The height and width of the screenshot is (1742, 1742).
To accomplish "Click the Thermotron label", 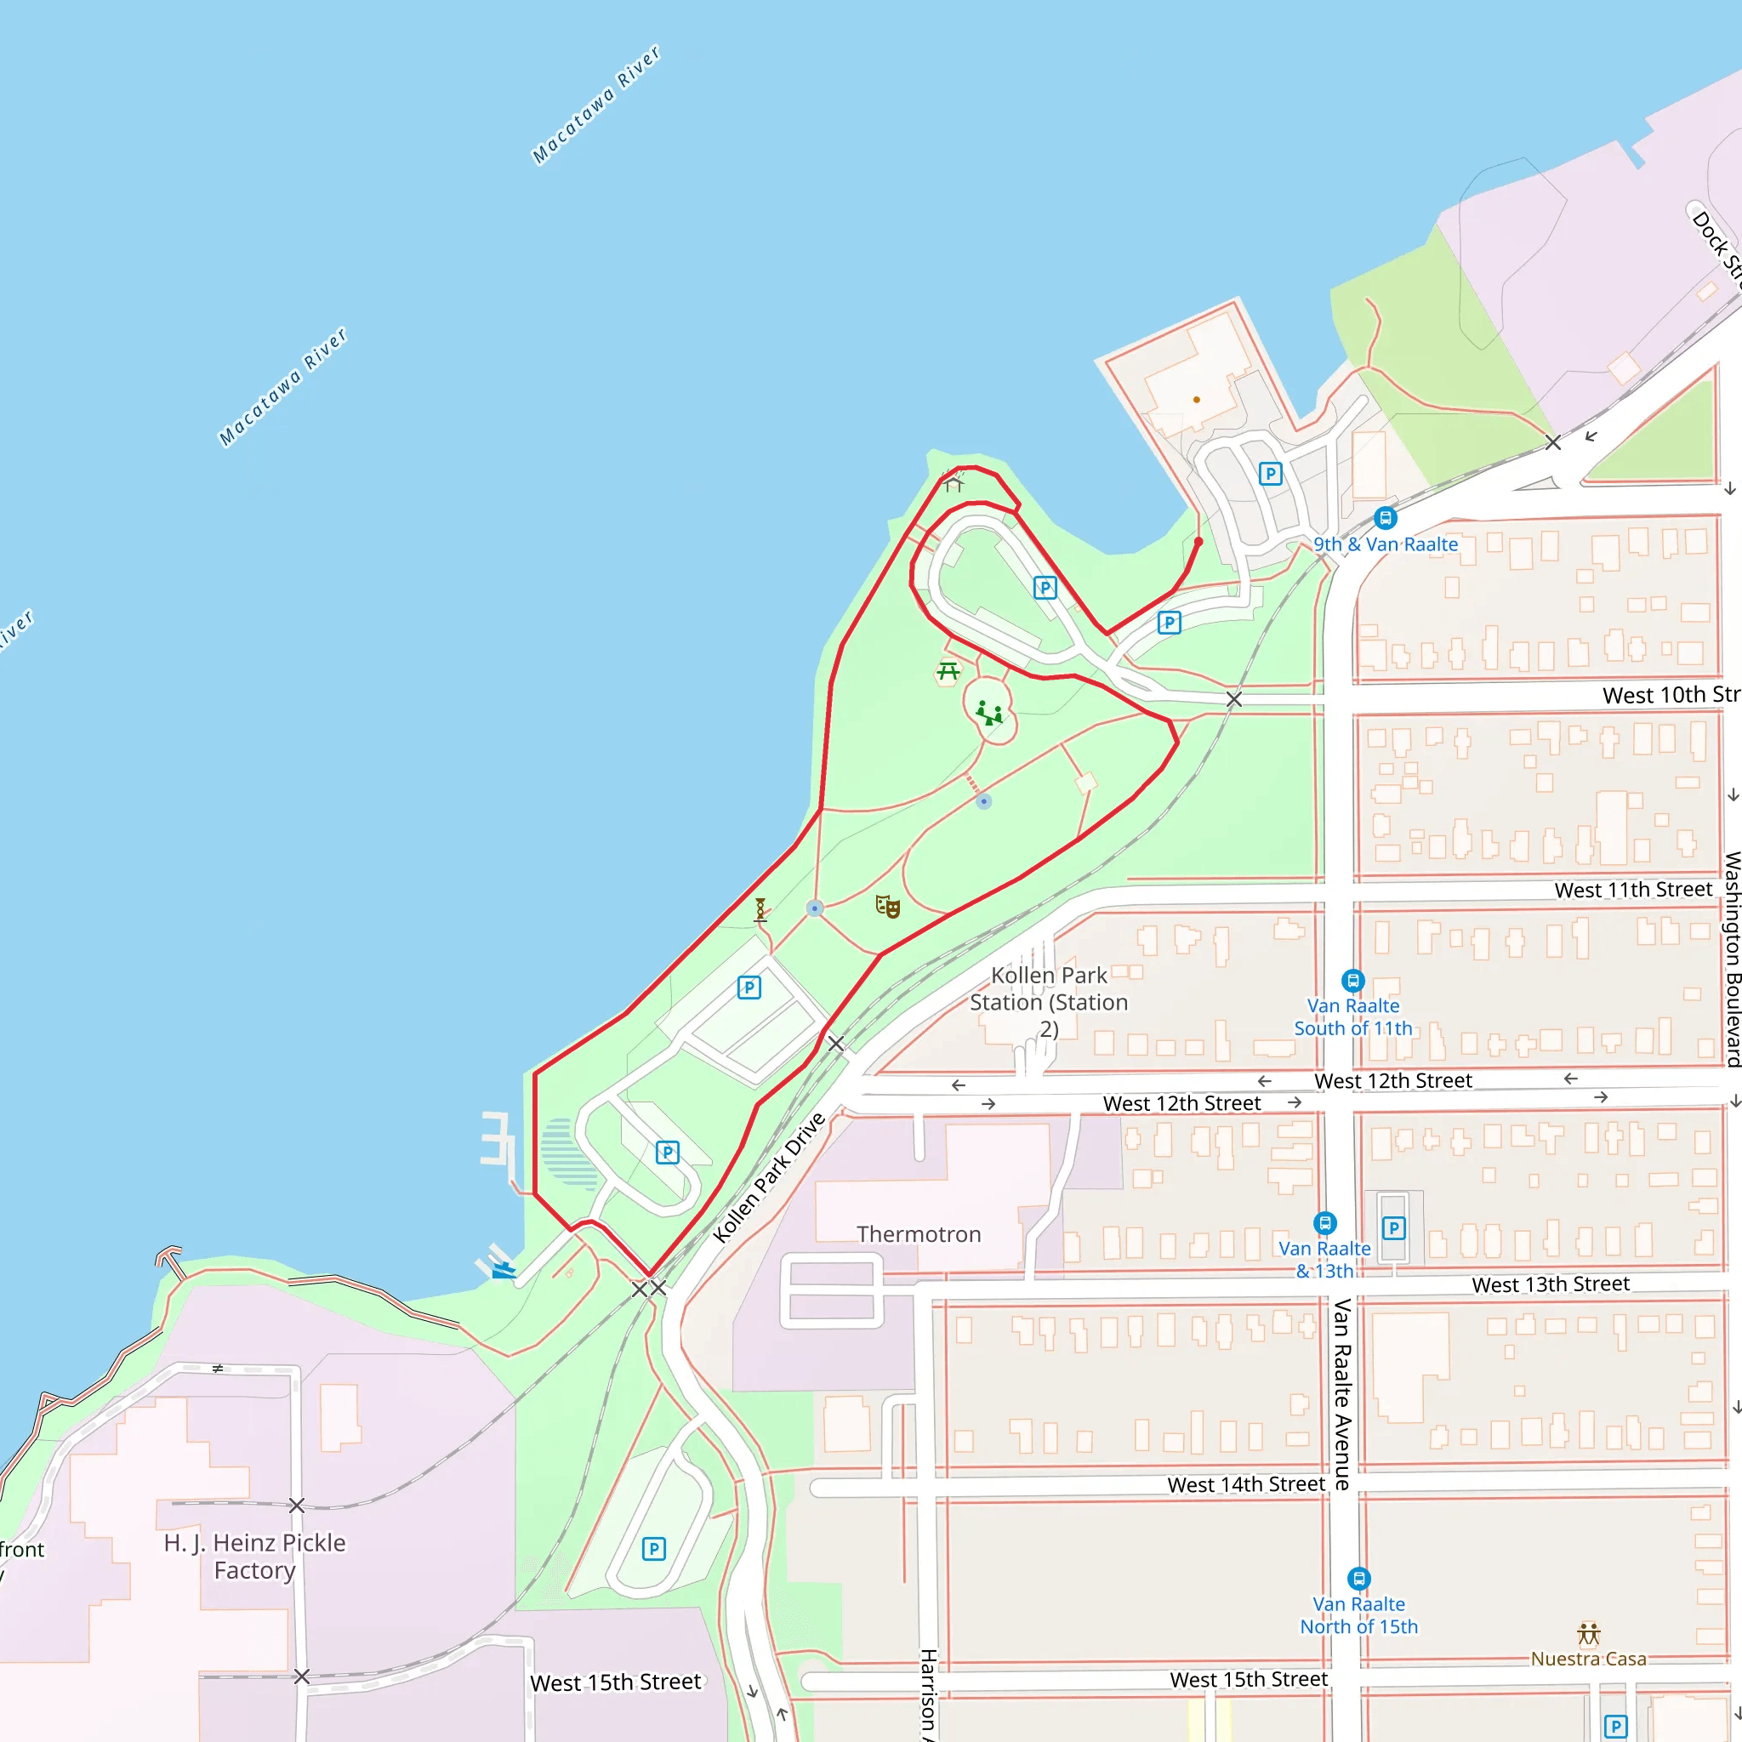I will (918, 1234).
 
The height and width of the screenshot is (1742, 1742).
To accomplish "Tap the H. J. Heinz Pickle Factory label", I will (254, 1557).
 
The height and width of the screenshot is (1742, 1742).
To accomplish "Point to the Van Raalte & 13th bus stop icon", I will (1324, 1223).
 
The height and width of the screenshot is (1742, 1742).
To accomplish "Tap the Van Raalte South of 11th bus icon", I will (1352, 980).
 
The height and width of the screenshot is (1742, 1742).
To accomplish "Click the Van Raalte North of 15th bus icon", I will (1358, 1579).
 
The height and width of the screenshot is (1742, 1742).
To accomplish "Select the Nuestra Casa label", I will (1588, 1658).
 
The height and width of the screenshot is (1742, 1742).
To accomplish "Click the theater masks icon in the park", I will (888, 906).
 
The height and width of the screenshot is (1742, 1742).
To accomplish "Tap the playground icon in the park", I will (989, 713).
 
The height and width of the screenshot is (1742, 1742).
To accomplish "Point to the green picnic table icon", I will (948, 672).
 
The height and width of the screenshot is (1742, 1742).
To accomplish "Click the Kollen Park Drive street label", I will (768, 1177).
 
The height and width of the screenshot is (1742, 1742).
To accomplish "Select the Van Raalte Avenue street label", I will (1341, 1393).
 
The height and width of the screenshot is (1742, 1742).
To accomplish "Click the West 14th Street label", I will (1246, 1484).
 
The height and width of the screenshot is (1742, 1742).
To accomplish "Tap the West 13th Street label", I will (1550, 1284).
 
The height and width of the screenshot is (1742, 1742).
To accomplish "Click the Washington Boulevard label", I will (1732, 959).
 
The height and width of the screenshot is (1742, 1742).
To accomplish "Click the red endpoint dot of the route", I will (1198, 542).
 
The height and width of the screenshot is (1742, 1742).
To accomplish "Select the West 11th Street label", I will (1633, 890).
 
